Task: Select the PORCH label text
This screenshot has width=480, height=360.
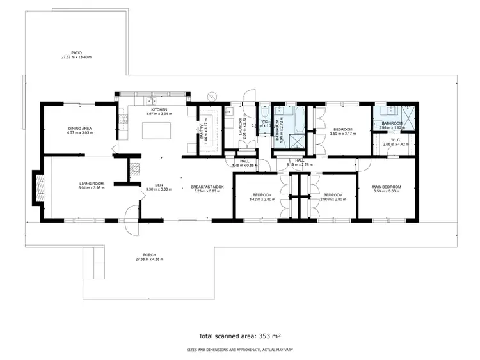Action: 149,254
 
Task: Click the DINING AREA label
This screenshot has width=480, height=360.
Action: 81,129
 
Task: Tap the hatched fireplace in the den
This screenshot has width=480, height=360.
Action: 134,169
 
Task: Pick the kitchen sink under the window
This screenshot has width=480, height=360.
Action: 152,101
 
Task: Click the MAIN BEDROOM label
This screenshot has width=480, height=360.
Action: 386,187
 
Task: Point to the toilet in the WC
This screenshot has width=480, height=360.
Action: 264,109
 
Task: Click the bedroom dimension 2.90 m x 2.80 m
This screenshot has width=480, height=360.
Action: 333,200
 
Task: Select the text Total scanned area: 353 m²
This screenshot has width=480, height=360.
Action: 240,335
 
